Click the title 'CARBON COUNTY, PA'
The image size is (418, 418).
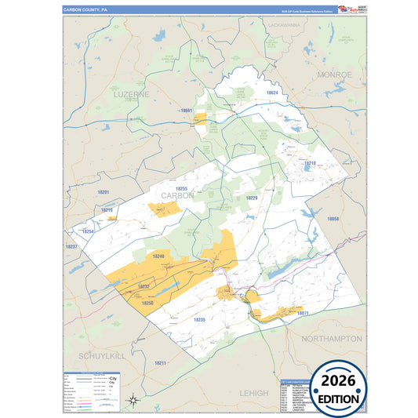(86, 10)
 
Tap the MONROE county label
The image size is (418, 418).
(334, 74)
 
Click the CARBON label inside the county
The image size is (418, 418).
(177, 195)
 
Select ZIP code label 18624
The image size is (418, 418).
(271, 93)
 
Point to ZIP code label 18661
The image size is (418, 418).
(187, 111)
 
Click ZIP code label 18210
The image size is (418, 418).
(310, 163)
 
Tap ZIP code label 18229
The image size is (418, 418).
(252, 198)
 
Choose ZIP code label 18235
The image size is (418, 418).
(198, 319)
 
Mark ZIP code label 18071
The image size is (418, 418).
(304, 313)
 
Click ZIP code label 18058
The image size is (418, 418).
(333, 219)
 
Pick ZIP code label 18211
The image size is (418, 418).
(160, 363)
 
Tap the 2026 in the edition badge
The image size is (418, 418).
(340, 380)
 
